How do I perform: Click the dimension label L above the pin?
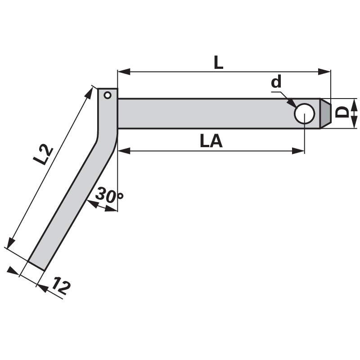218,63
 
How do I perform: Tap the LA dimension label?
211,141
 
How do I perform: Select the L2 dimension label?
43,155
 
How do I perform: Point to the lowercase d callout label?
276,82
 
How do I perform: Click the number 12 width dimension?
61,286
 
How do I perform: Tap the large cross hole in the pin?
305,113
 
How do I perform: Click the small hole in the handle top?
108,95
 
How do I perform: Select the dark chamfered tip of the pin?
325,113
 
